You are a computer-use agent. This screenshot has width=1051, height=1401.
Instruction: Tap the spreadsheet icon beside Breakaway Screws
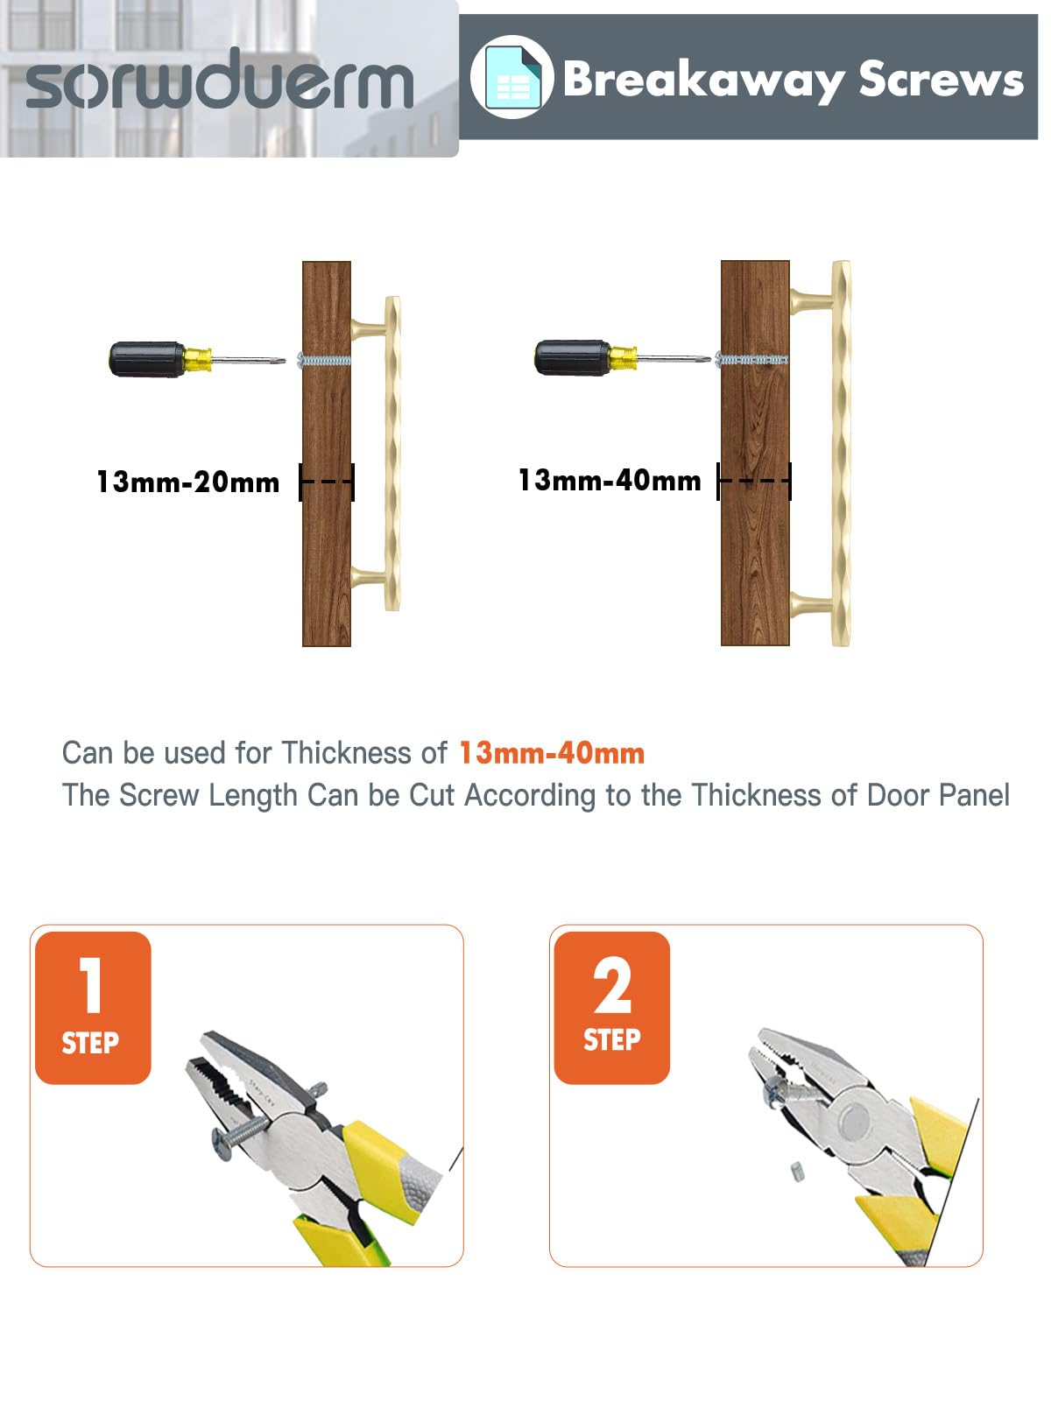(x=511, y=77)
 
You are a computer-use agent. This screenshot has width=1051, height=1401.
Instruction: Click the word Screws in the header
(x=941, y=79)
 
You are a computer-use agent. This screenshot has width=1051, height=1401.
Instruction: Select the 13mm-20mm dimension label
(x=188, y=482)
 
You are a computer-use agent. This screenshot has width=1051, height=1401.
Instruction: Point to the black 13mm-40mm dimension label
(x=610, y=481)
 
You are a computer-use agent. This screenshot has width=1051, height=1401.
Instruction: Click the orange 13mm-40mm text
(x=552, y=753)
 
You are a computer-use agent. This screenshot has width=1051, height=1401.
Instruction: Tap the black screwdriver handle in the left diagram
(x=147, y=359)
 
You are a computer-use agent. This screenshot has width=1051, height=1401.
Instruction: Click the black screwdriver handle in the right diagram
(x=573, y=357)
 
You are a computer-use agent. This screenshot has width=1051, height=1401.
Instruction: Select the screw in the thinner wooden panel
(x=324, y=360)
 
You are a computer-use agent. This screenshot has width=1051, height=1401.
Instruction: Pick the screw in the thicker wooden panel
(x=751, y=359)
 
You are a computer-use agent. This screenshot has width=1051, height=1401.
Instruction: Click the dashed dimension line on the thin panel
(x=327, y=482)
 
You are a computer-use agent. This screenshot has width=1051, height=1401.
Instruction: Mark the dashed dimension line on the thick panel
(x=754, y=482)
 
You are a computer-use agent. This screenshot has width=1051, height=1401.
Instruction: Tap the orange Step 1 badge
(x=93, y=1008)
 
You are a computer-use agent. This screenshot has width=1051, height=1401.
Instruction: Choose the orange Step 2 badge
(x=612, y=1008)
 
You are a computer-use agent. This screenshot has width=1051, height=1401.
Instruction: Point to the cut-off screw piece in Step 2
(x=797, y=1172)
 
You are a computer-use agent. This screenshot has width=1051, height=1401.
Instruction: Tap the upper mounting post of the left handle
(x=368, y=330)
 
